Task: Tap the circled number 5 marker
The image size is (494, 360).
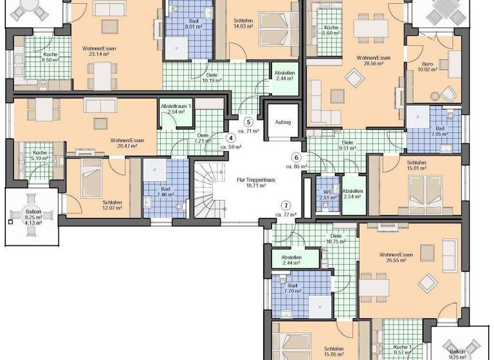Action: click(248, 121)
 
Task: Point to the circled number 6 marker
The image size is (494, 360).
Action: click(297, 157)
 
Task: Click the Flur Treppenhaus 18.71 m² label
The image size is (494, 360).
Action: click(248, 182)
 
